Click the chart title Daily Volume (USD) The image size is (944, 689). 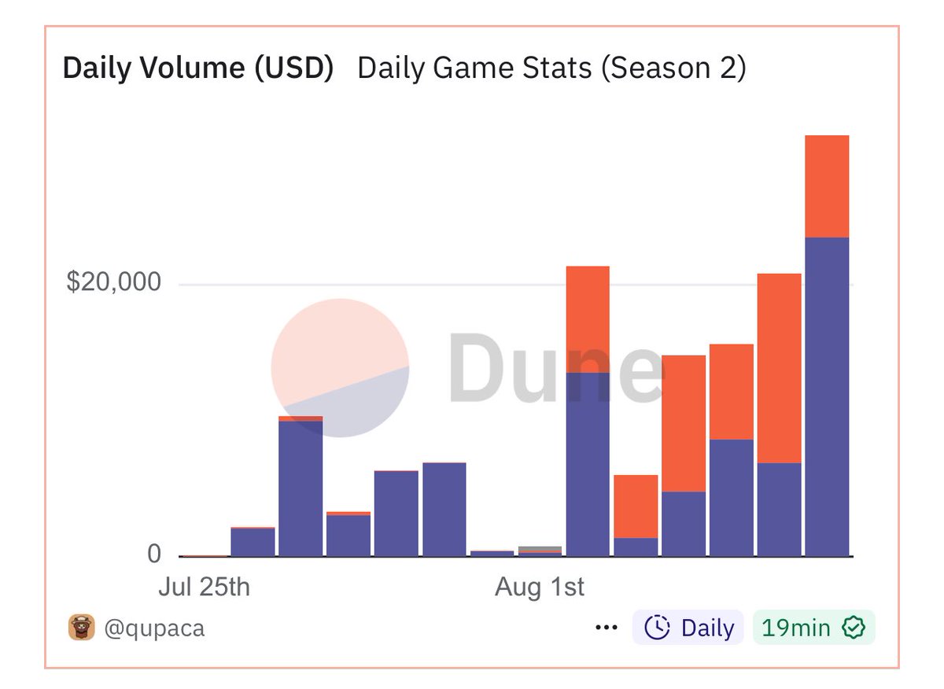point(198,68)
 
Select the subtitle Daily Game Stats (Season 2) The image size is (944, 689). point(551,68)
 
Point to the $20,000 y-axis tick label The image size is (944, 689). point(114,282)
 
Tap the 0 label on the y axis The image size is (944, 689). point(154,555)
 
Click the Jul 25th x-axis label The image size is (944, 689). point(204,588)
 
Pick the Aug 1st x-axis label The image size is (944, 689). point(540,588)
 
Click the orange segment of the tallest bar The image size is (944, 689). point(827,186)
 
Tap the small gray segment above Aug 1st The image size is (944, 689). point(540,548)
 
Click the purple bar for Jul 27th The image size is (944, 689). point(301,488)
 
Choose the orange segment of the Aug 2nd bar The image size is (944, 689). point(588,319)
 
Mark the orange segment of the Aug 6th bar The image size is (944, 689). point(779,367)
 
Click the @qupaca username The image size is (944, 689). point(154,628)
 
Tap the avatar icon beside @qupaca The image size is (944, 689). point(81,628)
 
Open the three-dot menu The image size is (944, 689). point(607,628)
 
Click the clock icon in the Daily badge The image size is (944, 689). point(657,628)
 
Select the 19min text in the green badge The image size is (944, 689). point(796,628)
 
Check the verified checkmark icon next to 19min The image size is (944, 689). point(854,628)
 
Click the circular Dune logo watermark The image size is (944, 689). point(340,367)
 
